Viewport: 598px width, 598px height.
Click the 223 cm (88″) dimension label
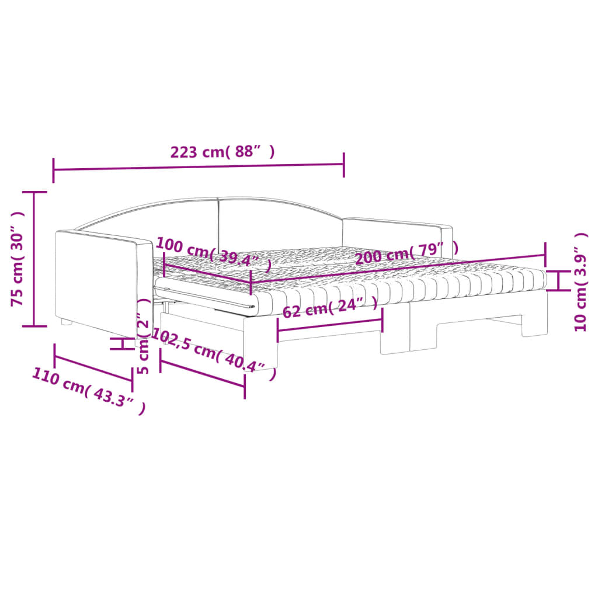click(222, 152)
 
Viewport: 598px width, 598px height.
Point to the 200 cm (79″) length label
click(406, 253)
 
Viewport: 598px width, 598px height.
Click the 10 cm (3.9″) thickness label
click(580, 282)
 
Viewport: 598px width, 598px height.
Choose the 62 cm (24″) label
click(330, 307)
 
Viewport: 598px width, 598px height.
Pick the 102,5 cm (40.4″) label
click(214, 353)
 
